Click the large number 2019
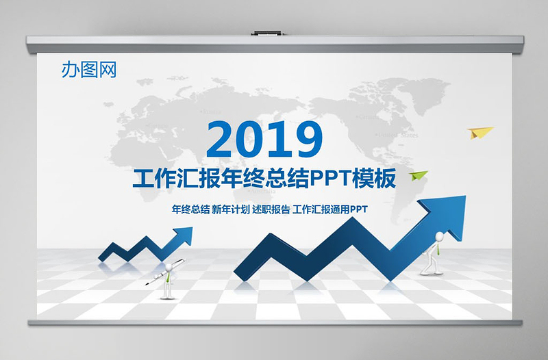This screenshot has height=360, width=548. pos(264,140)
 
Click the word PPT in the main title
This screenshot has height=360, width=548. pos(329,179)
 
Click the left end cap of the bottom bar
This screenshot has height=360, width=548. pos(31,322)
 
